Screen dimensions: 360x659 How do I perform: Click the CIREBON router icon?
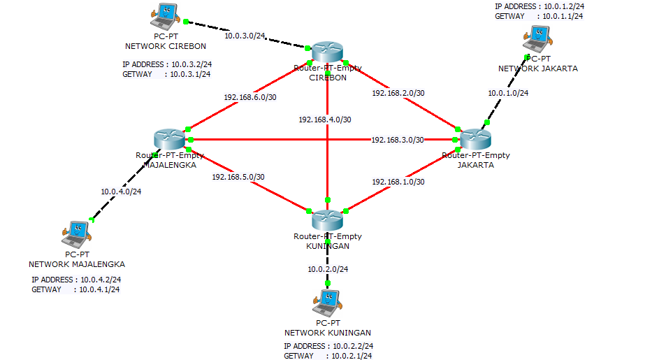click(327, 52)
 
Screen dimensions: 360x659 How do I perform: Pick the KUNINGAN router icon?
click(327, 220)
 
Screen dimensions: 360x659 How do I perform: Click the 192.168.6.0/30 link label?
click(250, 97)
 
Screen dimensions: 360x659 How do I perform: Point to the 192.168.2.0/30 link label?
click(398, 92)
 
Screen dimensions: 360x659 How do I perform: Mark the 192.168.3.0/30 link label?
click(398, 140)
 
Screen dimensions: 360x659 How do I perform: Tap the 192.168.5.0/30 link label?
click(238, 177)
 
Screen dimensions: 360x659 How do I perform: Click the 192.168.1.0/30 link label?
click(398, 182)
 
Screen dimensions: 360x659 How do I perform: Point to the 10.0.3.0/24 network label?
click(245, 36)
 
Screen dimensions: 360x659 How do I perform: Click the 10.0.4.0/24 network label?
click(121, 191)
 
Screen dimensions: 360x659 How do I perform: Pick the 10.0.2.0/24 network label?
click(328, 269)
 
